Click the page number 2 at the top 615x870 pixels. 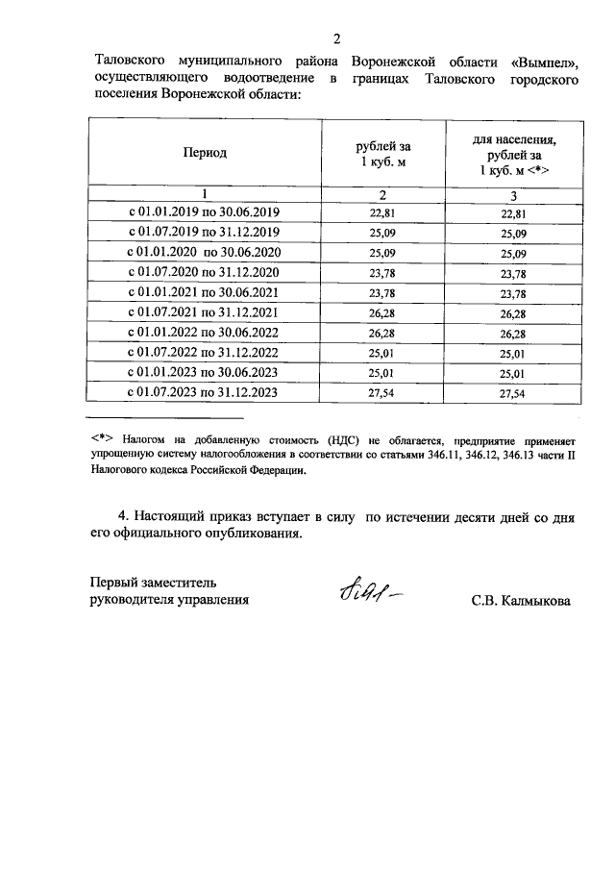pyautogui.click(x=337, y=39)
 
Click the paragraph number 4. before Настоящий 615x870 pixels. pyautogui.click(x=122, y=516)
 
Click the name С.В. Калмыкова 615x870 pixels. pyautogui.click(x=521, y=601)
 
